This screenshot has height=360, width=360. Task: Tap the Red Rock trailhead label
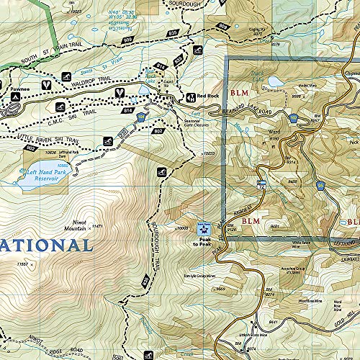[208, 96]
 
